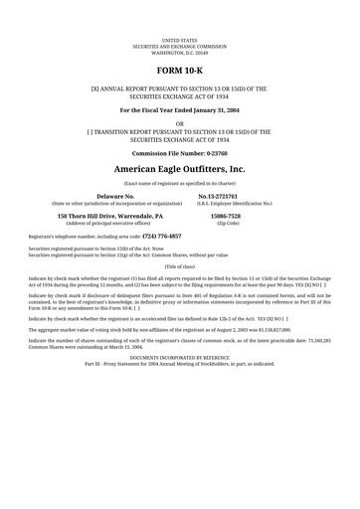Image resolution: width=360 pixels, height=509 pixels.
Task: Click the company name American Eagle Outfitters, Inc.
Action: click(180, 170)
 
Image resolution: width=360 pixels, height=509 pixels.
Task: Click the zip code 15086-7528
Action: click(227, 215)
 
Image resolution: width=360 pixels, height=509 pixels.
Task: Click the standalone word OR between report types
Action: click(180, 123)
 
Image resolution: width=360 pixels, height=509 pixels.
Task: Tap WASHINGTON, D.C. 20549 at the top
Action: click(180, 51)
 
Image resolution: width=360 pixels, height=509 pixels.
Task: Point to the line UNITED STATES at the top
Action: click(180, 40)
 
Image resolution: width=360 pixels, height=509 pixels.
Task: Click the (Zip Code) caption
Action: click(227, 223)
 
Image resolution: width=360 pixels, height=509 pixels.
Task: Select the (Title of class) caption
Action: click(180, 266)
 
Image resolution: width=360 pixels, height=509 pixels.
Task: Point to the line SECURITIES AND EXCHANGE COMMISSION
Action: click(180, 46)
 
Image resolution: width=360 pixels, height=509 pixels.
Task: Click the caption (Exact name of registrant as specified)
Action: click(180, 183)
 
